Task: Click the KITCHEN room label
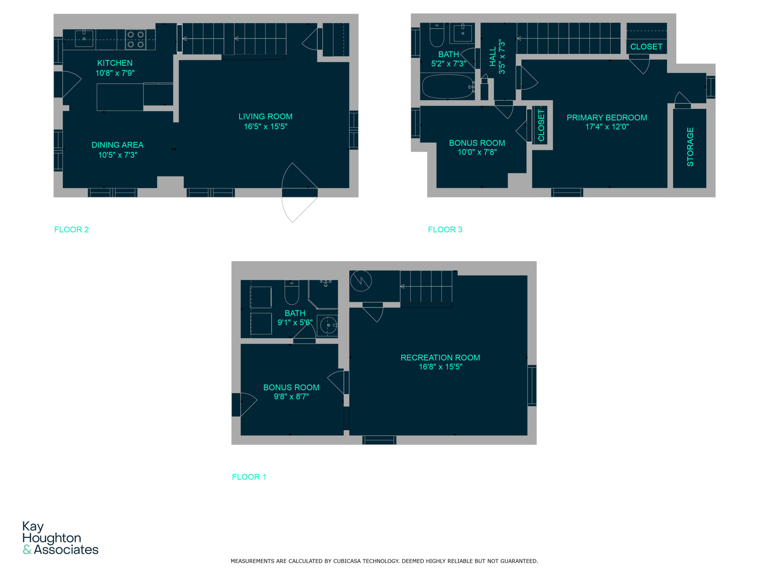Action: (x=115, y=63)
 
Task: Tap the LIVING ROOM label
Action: (x=265, y=117)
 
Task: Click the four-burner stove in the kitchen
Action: (x=135, y=40)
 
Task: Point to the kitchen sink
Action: (x=84, y=38)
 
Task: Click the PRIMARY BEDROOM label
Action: (x=607, y=118)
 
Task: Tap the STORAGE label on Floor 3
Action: (x=690, y=147)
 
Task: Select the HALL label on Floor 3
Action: (x=493, y=57)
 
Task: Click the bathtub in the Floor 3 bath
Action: (x=447, y=87)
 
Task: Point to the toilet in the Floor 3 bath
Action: (x=437, y=35)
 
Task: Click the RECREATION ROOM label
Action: (x=440, y=358)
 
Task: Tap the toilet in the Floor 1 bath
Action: (x=292, y=292)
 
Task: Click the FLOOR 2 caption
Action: (x=71, y=230)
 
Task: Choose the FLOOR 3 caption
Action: (x=445, y=230)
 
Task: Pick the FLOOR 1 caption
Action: (x=249, y=477)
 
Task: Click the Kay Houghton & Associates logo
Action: (x=60, y=538)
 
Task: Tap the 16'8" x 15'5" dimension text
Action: (x=440, y=367)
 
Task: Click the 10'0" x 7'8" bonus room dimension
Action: (x=477, y=152)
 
